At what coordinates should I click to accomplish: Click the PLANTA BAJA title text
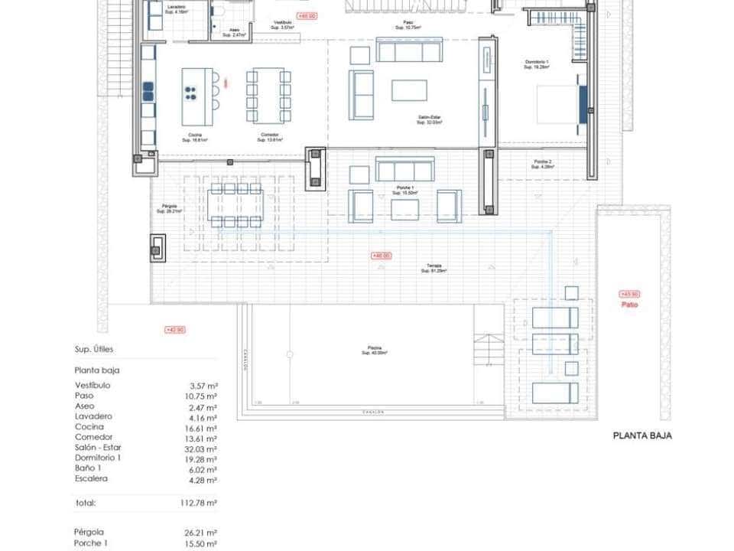(x=642, y=435)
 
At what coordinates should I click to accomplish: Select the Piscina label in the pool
(x=374, y=350)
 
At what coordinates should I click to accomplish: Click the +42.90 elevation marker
(x=174, y=330)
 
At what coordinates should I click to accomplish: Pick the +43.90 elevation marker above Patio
(x=629, y=294)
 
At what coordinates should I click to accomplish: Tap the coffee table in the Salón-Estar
(x=409, y=90)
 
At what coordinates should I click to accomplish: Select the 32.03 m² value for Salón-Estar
(x=203, y=448)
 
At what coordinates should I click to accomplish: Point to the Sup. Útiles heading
(x=96, y=349)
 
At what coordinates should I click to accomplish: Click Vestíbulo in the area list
(x=93, y=385)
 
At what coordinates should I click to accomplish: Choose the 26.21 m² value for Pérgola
(x=203, y=532)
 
